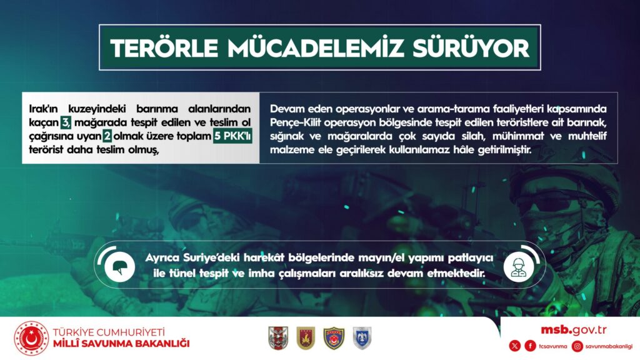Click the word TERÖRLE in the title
pos(164,48)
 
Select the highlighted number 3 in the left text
pos(66,122)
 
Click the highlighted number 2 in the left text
pos(107,136)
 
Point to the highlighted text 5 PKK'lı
pos(232,136)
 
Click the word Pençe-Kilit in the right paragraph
pos(295,122)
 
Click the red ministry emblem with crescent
pos(31,338)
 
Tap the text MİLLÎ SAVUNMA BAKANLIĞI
pos(121,344)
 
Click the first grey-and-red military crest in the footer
pos(278,338)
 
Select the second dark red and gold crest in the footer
pos(306,338)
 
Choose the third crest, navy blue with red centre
pos(334,338)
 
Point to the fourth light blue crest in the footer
pos(362,338)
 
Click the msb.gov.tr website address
pos(574,330)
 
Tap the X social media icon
pos(515,346)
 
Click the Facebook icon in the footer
pos(530,346)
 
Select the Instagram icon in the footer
pos(577,346)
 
